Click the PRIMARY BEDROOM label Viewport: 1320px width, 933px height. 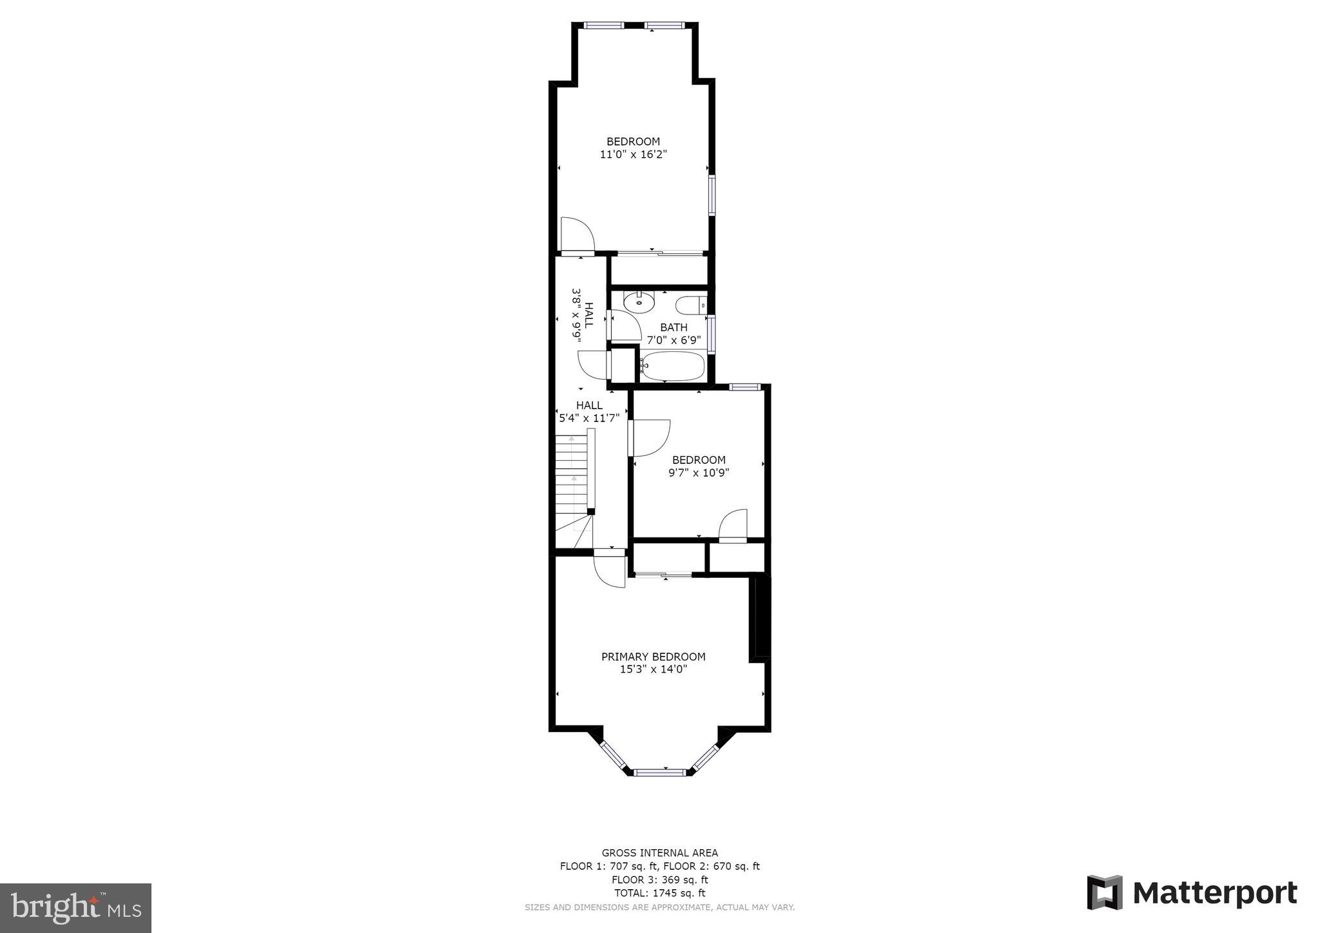click(x=653, y=657)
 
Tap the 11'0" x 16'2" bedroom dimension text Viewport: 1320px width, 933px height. click(x=633, y=155)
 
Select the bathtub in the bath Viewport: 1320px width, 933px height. click(x=672, y=365)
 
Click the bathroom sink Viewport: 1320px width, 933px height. click(x=639, y=302)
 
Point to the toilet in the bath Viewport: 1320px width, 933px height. click(x=690, y=304)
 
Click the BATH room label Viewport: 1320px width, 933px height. click(x=674, y=327)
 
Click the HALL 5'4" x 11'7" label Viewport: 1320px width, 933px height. click(x=589, y=412)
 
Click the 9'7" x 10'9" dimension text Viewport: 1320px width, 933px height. click(x=699, y=472)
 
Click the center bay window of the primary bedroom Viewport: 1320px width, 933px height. click(x=659, y=771)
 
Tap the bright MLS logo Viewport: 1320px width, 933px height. click(x=75, y=909)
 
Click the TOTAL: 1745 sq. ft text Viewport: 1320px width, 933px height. click(x=659, y=893)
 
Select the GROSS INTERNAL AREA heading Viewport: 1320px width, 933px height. click(x=659, y=852)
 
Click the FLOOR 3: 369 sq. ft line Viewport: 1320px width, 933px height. click(x=659, y=880)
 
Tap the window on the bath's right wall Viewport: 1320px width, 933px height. click(x=712, y=334)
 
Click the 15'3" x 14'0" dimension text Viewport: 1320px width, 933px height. click(x=653, y=669)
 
